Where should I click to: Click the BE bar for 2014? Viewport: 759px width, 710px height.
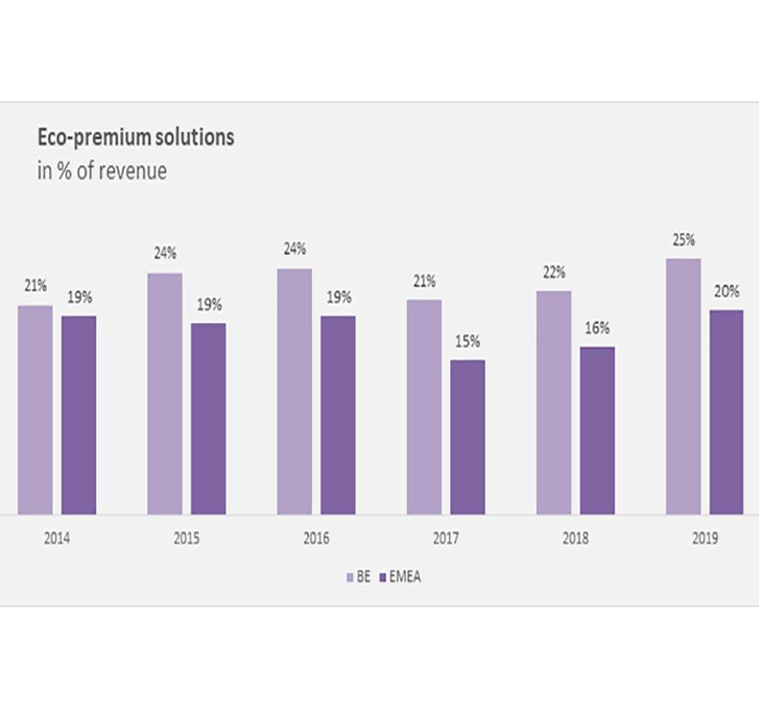pyautogui.click(x=35, y=410)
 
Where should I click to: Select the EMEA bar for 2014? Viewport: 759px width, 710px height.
pyautogui.click(x=78, y=415)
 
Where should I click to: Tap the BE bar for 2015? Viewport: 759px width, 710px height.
pyautogui.click(x=164, y=393)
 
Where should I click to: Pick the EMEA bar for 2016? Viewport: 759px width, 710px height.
pyautogui.click(x=337, y=415)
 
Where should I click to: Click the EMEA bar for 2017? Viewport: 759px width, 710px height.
pyautogui.click(x=467, y=437)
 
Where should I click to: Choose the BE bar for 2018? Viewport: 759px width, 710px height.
pyautogui.click(x=553, y=402)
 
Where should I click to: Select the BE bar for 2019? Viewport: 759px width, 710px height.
pyautogui.click(x=683, y=386)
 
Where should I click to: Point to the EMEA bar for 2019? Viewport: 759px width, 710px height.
pyautogui.click(x=726, y=411)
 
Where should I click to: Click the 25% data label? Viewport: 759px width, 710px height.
pyautogui.click(x=683, y=241)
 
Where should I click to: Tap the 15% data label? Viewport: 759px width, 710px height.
pyautogui.click(x=468, y=342)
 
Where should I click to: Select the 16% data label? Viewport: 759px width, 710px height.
pyautogui.click(x=597, y=328)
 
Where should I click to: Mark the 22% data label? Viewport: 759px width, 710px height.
pyautogui.click(x=554, y=273)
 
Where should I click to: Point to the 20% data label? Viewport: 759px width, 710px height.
pyautogui.click(x=727, y=292)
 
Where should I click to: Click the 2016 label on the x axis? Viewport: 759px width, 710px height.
pyautogui.click(x=316, y=538)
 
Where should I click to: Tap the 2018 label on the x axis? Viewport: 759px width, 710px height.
pyautogui.click(x=576, y=538)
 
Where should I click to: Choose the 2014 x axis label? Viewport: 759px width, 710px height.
pyautogui.click(x=57, y=538)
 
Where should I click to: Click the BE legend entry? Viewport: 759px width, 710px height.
pyautogui.click(x=358, y=578)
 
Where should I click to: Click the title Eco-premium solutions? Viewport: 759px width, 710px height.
pyautogui.click(x=136, y=137)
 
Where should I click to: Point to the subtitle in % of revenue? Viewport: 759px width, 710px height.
pyautogui.click(x=102, y=171)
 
